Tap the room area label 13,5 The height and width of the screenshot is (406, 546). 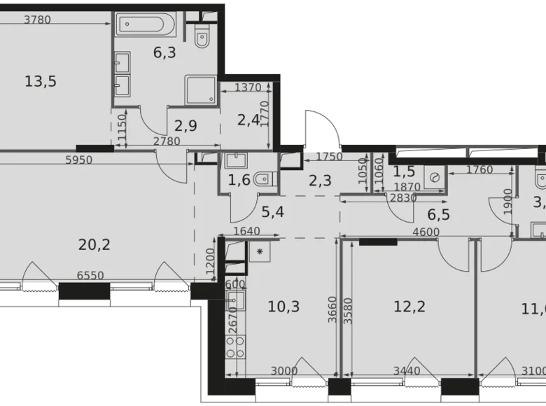40,82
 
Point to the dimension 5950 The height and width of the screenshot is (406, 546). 79,160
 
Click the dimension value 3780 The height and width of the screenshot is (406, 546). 37,20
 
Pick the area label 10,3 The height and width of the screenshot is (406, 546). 283,306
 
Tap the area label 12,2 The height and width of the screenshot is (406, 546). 409,306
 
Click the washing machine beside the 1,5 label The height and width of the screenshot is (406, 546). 435,178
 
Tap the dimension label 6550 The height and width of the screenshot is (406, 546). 90,276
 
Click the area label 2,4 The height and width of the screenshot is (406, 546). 248,120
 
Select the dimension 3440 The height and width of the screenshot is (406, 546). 407,371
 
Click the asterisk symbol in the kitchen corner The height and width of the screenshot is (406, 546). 260,250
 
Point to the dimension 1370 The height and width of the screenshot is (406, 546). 247,87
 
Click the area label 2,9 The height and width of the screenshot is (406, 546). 186,125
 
